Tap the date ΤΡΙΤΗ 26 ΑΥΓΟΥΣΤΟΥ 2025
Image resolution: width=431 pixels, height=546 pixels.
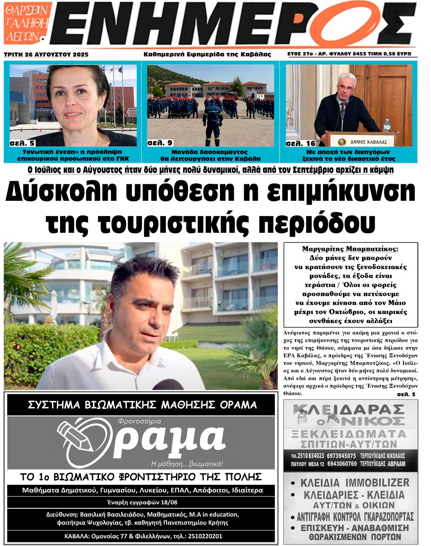pyautogui.click(x=46, y=54)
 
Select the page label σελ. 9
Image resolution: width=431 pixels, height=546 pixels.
pyautogui.click(x=160, y=143)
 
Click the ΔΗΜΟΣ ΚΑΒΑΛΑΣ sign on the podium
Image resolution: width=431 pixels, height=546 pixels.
pyautogui.click(x=361, y=141)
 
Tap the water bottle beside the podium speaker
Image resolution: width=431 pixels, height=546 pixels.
pyautogui.click(x=387, y=125)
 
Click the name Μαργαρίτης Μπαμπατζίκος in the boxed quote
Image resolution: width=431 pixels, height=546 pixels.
pyautogui.click(x=351, y=249)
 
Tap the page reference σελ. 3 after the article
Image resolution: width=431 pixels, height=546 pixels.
pyautogui.click(x=407, y=394)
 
